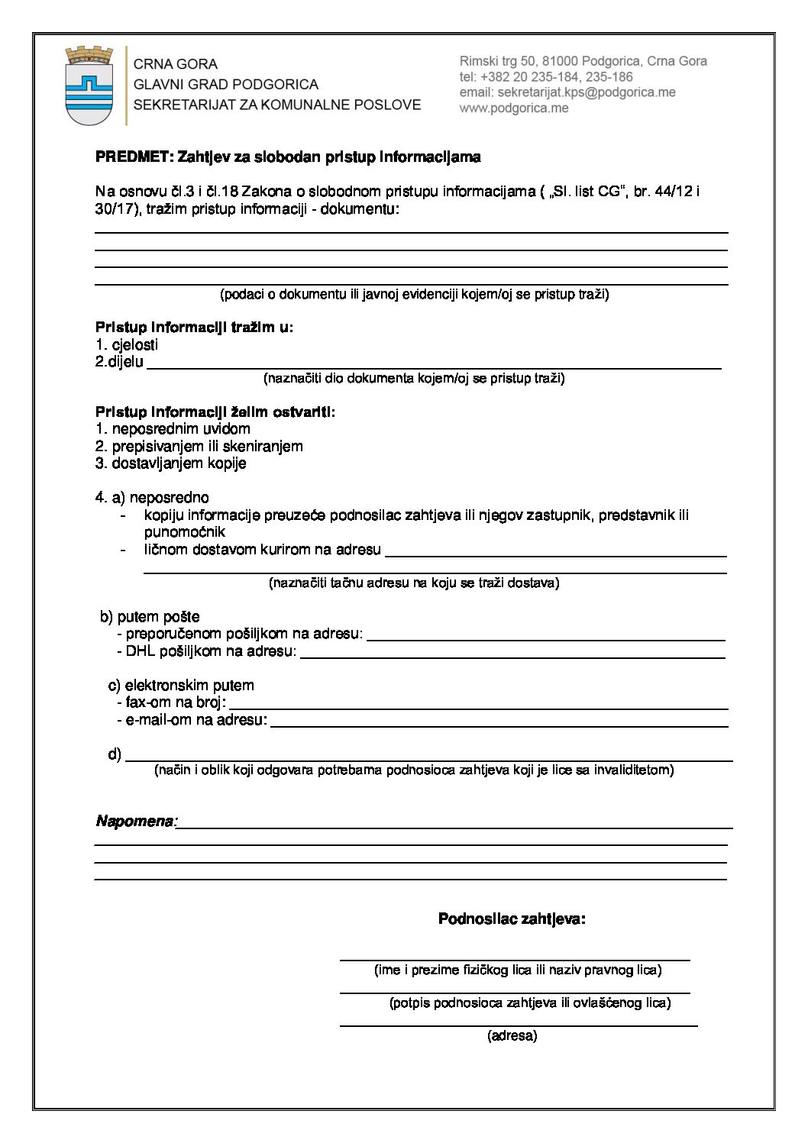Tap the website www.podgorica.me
click(514, 108)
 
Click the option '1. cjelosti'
click(127, 345)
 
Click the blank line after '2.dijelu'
click(434, 363)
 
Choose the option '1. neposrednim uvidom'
click(173, 429)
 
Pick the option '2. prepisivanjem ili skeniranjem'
click(199, 446)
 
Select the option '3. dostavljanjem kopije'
click(171, 463)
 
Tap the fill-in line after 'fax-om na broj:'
click(478, 703)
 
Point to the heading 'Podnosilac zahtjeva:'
click(512, 919)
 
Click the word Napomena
click(135, 822)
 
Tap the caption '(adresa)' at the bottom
click(512, 1036)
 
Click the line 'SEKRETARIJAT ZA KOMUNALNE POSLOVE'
click(277, 105)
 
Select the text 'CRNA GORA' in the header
click(176, 64)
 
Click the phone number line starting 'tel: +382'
click(546, 77)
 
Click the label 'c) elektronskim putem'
click(181, 685)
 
